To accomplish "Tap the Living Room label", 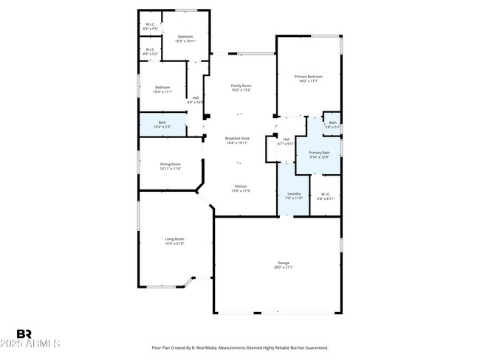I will coord(174,240).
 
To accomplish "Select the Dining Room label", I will coord(171,166).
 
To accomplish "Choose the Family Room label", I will coord(241,88).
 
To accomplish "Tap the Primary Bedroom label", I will coord(309,78).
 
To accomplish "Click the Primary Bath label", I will coord(320,154).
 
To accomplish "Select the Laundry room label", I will coord(294,196).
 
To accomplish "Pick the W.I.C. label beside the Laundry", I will coord(326,196).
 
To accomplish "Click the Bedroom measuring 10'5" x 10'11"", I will coord(185,38).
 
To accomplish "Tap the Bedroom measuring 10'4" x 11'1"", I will coord(162,89).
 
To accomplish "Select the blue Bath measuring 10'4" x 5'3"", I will coord(162,124).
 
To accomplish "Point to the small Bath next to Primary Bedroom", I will coord(333,125).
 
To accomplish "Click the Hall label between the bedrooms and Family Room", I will coord(195,100).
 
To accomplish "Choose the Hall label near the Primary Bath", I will coord(285,142).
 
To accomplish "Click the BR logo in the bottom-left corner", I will coord(24,334).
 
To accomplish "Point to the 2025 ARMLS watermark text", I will coord(31,345).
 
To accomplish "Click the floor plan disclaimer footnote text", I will coord(240,347).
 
